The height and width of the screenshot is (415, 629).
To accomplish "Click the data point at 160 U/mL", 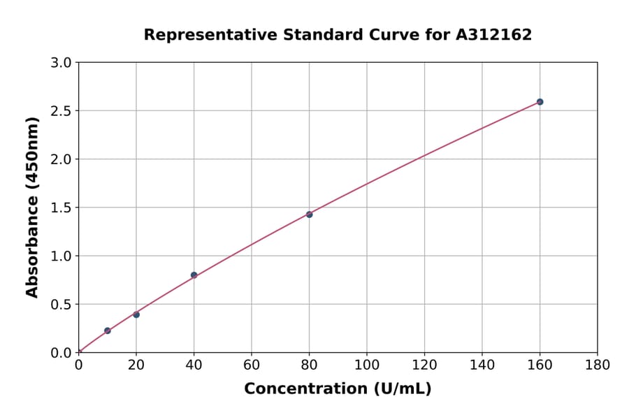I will click(x=540, y=102).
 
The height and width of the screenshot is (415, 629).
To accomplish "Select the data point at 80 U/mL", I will click(x=309, y=214).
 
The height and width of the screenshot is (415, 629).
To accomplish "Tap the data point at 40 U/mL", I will click(x=194, y=275).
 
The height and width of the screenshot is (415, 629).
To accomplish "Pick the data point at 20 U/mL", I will click(x=136, y=314).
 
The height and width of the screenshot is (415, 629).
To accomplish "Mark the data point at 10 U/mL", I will click(x=107, y=330).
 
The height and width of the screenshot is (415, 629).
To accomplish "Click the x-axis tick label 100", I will click(x=367, y=365).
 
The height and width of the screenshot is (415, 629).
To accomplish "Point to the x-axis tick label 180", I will click(x=598, y=365).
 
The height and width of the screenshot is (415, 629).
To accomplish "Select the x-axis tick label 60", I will click(x=252, y=365).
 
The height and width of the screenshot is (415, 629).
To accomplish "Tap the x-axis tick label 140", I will click(x=482, y=365).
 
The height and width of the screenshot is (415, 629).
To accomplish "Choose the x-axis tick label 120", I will click(x=424, y=365).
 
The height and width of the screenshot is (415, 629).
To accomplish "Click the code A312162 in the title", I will click(x=493, y=35).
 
